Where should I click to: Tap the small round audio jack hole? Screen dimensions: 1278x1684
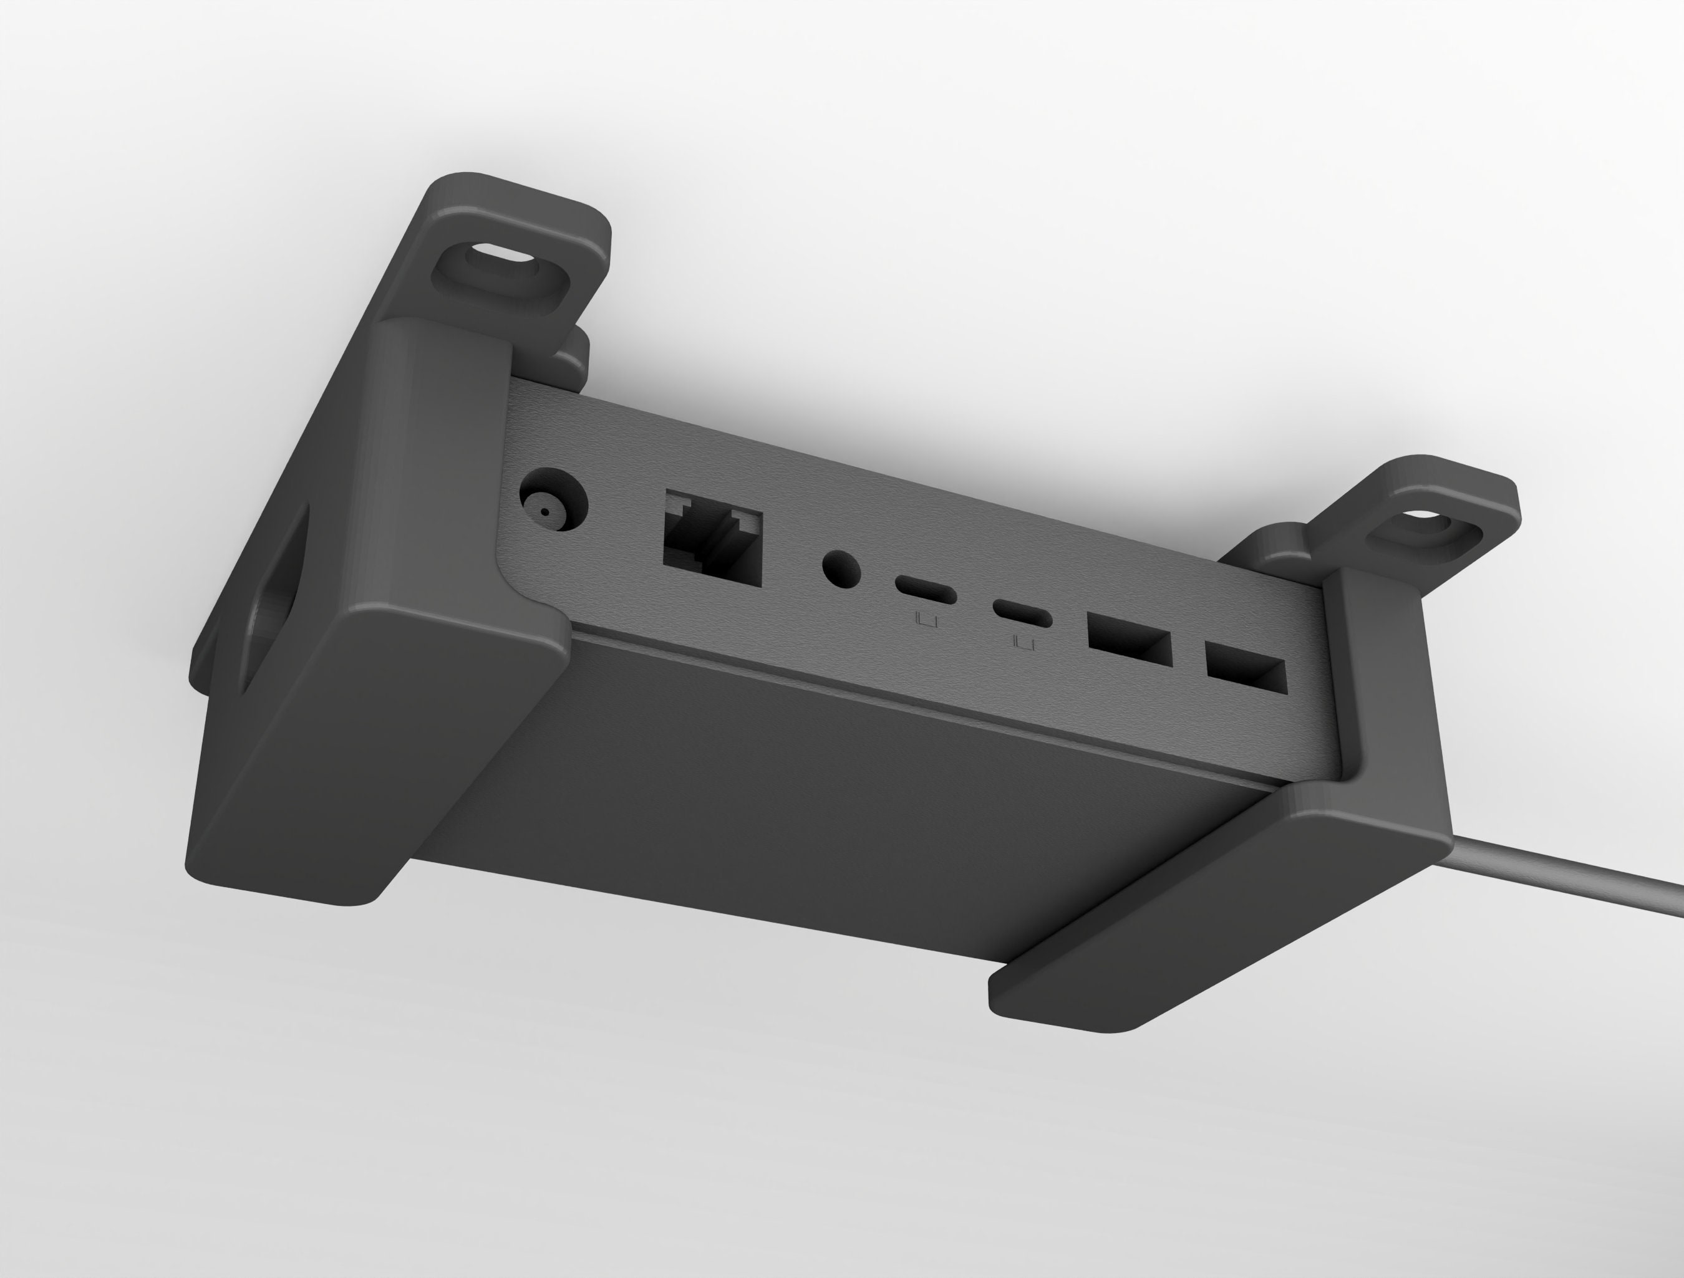[842, 569]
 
